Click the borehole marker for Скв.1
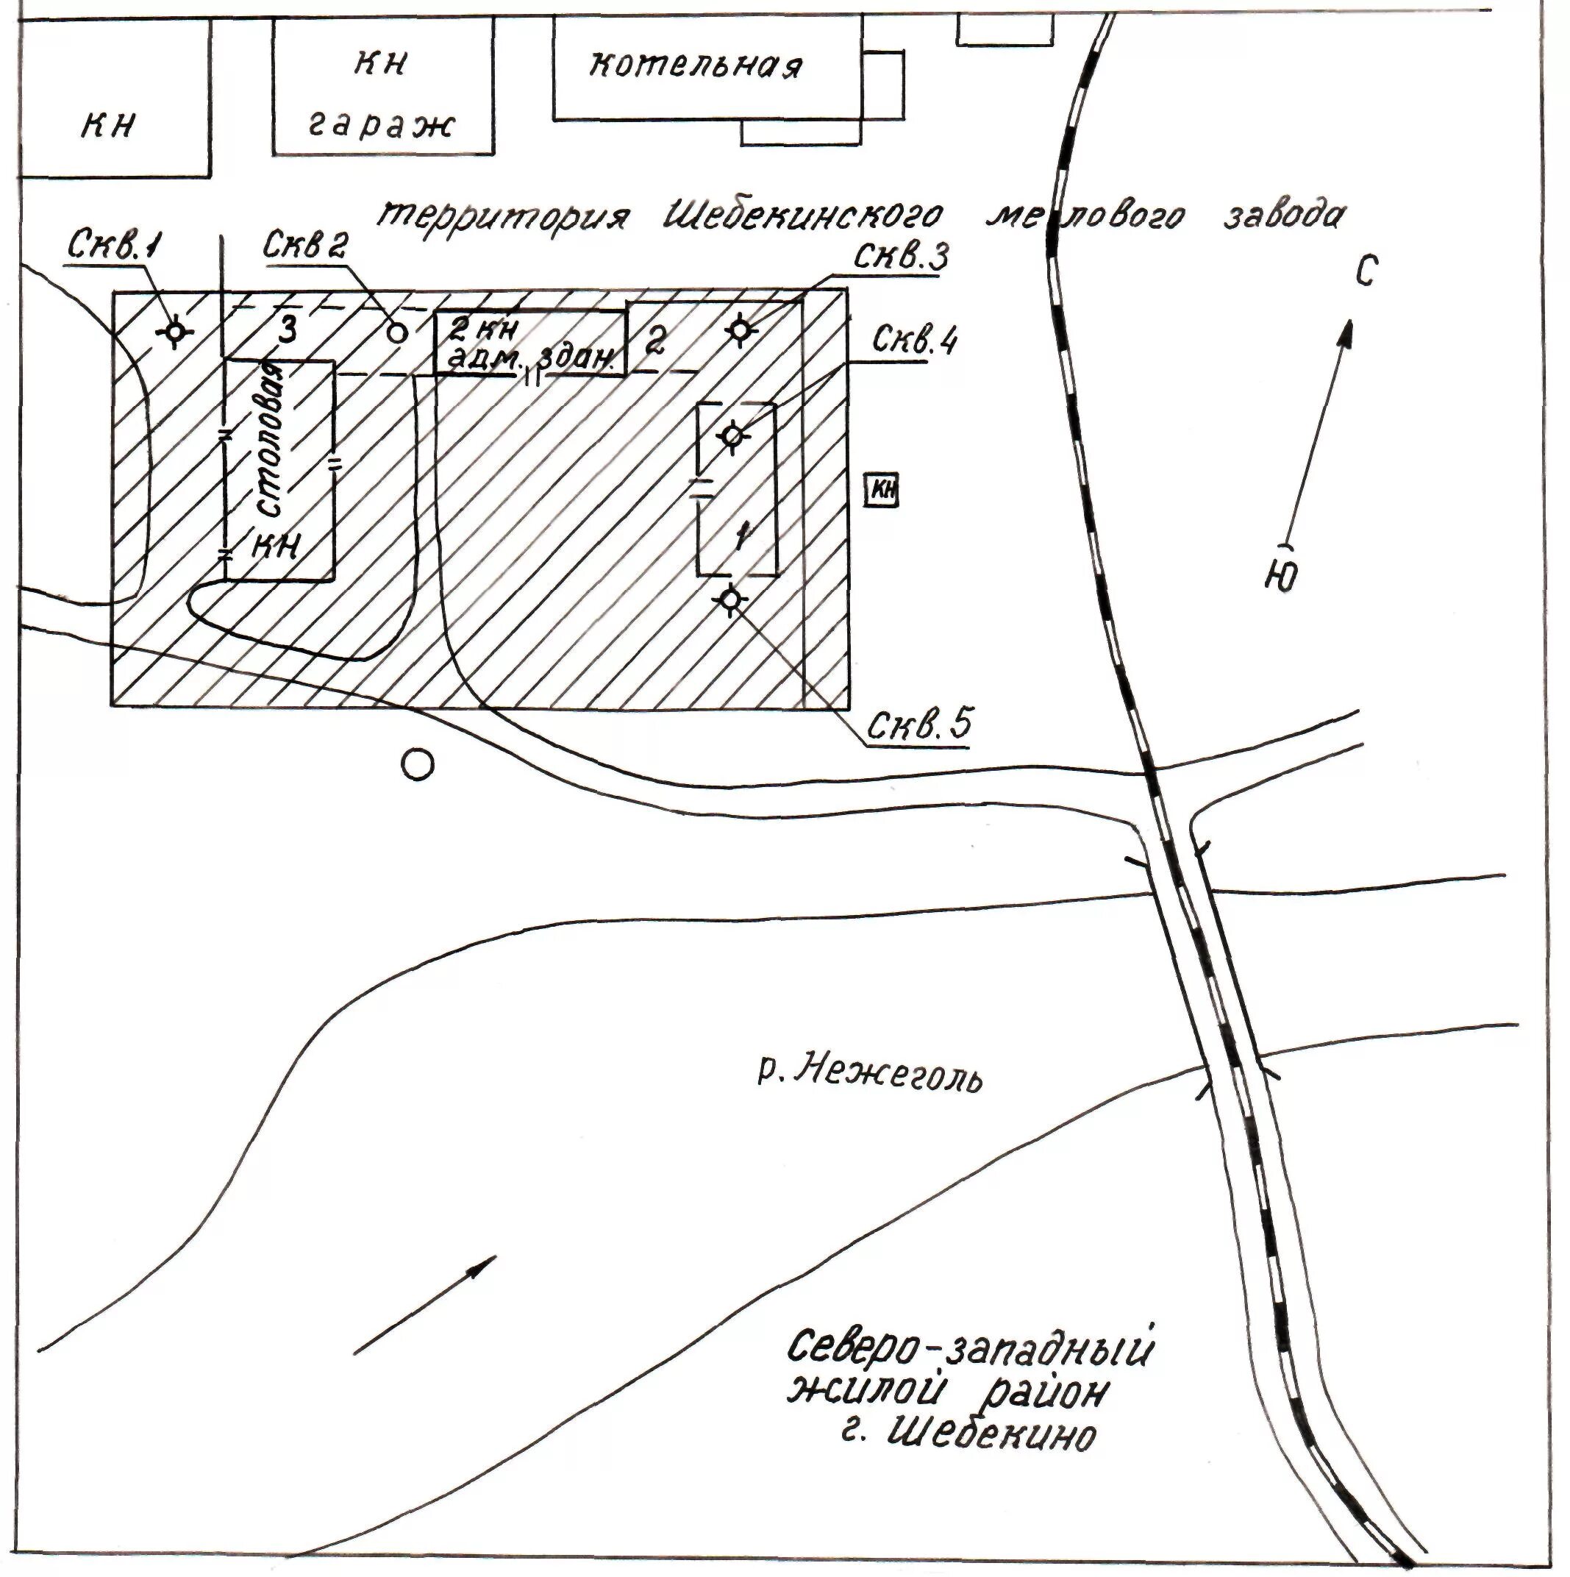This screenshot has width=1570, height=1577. pos(174,332)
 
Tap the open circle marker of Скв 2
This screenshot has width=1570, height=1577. pos(396,332)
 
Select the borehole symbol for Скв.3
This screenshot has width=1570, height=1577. pos(740,330)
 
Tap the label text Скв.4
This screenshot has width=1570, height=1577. pos(914,340)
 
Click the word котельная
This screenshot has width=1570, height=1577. pos(695,65)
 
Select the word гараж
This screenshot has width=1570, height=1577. pos(380,127)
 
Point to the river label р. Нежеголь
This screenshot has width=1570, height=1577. pos(870,1072)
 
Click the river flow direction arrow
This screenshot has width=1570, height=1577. pos(425,1305)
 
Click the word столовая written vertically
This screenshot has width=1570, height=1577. pos(274,441)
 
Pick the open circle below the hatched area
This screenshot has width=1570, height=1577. pos(418,765)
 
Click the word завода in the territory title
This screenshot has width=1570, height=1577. pos(1282,214)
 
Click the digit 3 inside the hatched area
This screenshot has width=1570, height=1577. pos(288,332)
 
